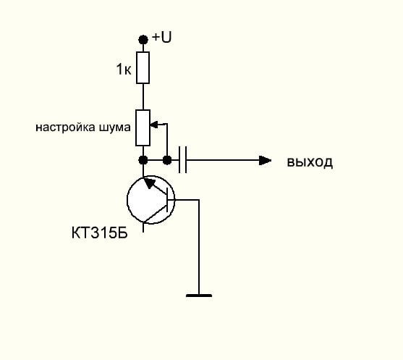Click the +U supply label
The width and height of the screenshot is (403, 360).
161,37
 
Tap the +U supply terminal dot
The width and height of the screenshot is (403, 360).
143,40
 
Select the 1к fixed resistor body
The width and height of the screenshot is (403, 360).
143,67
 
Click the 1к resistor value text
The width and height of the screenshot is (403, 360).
124,69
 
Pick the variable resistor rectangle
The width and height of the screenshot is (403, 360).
143,128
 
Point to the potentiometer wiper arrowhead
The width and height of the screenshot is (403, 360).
154,125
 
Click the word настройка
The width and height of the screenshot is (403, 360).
64,127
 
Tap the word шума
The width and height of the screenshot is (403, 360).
114,127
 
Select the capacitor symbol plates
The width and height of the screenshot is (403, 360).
183,160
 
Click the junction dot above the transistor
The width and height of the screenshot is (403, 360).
143,160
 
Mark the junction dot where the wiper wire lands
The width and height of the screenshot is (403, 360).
167,160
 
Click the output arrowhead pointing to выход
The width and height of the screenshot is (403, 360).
265,160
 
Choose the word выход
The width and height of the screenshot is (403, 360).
310,162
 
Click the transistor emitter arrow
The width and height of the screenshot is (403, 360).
150,183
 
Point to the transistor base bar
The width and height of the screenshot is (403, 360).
167,200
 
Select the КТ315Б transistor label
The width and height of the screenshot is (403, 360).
99,233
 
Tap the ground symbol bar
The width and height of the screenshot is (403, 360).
199,296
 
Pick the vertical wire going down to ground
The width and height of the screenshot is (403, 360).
199,247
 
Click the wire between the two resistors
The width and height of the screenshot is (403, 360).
143,97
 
